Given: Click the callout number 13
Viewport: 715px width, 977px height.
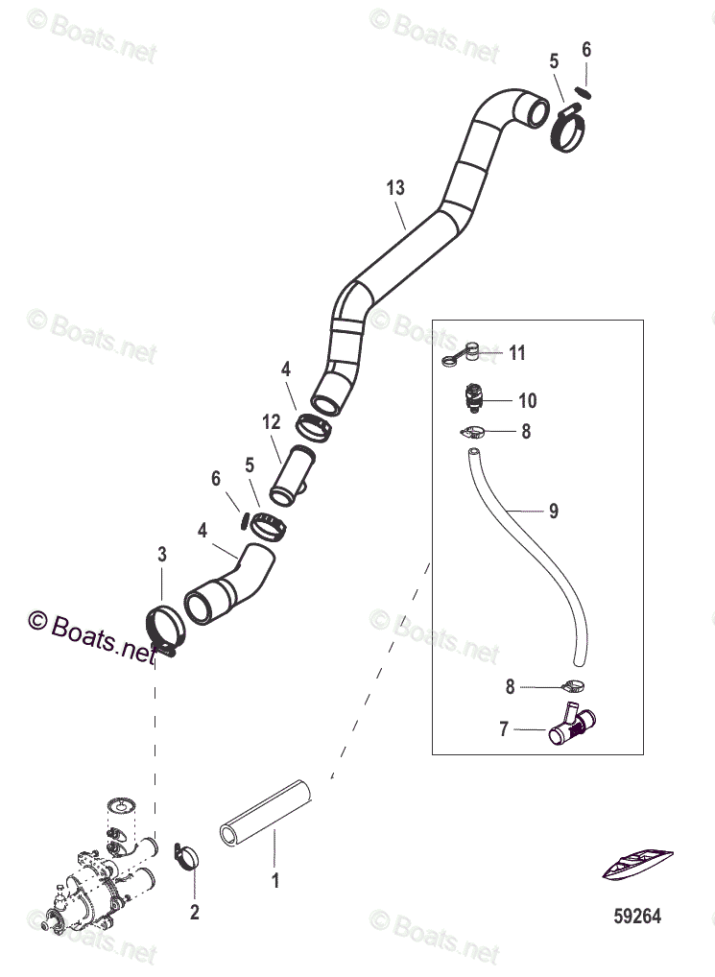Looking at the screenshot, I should tap(395, 188).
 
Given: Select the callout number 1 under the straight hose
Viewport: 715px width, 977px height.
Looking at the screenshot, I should tap(275, 879).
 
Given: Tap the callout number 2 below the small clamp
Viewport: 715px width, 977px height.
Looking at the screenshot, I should tap(195, 912).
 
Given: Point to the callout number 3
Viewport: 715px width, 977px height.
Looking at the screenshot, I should tap(162, 555).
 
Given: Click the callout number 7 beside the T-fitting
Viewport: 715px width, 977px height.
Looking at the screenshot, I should tap(504, 730).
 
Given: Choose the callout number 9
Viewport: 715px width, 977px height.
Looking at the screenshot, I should tap(553, 512).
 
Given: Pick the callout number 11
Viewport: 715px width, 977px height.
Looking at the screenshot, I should tap(517, 354).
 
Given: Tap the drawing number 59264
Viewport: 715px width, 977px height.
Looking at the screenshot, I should tap(637, 917).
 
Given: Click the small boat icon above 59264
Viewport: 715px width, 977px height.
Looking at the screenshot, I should tap(636, 865).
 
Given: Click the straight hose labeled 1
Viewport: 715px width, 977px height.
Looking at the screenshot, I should tap(265, 815).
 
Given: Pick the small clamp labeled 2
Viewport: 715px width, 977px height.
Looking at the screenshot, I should tap(187, 855).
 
